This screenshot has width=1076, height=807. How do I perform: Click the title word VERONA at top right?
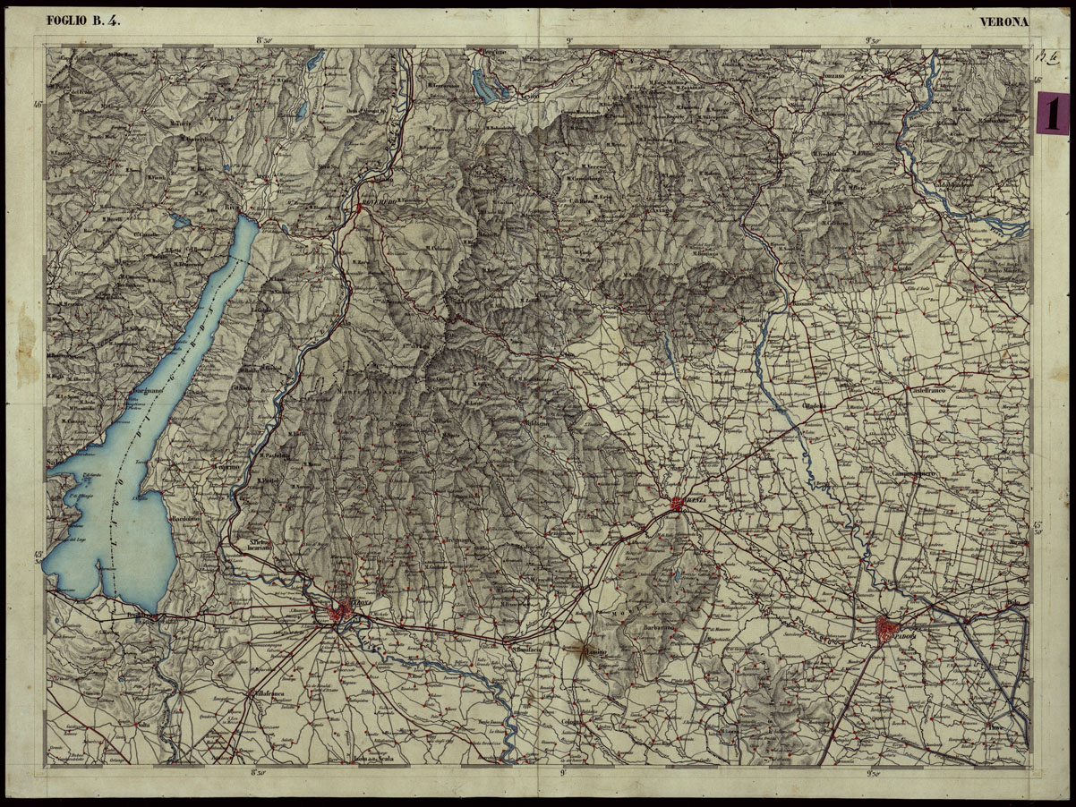point(1004,21)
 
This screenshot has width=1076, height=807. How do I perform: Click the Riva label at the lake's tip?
point(235,208)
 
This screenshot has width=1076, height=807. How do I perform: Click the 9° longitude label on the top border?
point(569,39)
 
